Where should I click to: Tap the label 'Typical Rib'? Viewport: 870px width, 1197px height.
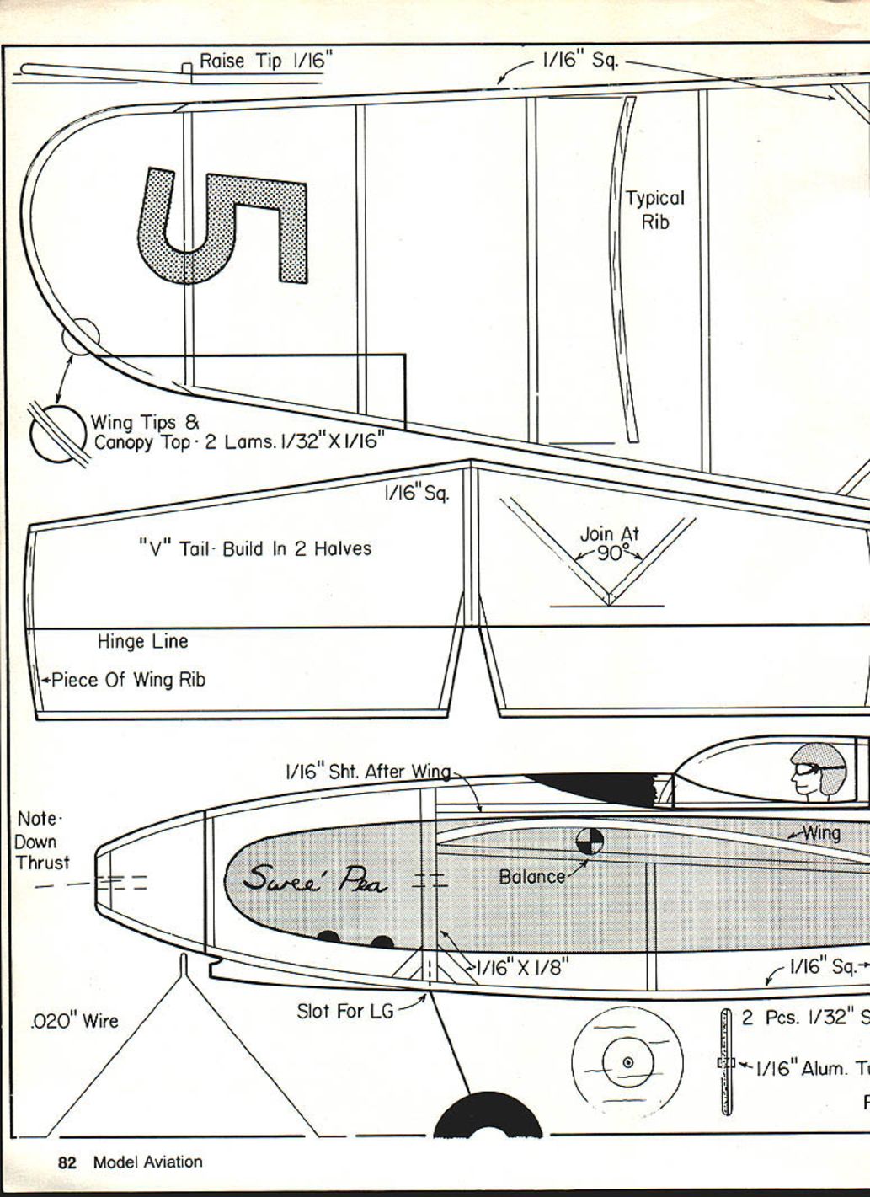[x=654, y=210]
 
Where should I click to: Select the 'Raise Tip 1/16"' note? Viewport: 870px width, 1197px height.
[x=266, y=61]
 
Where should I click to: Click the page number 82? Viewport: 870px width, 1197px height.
[x=67, y=1162]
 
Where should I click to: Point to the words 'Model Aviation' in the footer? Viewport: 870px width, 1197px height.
[x=147, y=1162]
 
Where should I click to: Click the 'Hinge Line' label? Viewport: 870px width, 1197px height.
[x=142, y=642]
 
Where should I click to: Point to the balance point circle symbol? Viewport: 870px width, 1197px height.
[x=590, y=840]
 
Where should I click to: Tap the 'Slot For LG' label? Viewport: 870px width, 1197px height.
[x=344, y=1010]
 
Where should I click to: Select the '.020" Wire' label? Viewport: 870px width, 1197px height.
[x=74, y=1022]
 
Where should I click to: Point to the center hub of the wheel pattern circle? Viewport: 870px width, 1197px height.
[x=627, y=1062]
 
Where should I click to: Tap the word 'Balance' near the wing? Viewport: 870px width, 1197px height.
[x=531, y=876]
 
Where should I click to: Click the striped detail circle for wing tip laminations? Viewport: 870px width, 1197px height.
[x=58, y=433]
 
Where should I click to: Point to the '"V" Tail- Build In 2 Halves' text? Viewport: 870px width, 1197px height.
[x=254, y=548]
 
